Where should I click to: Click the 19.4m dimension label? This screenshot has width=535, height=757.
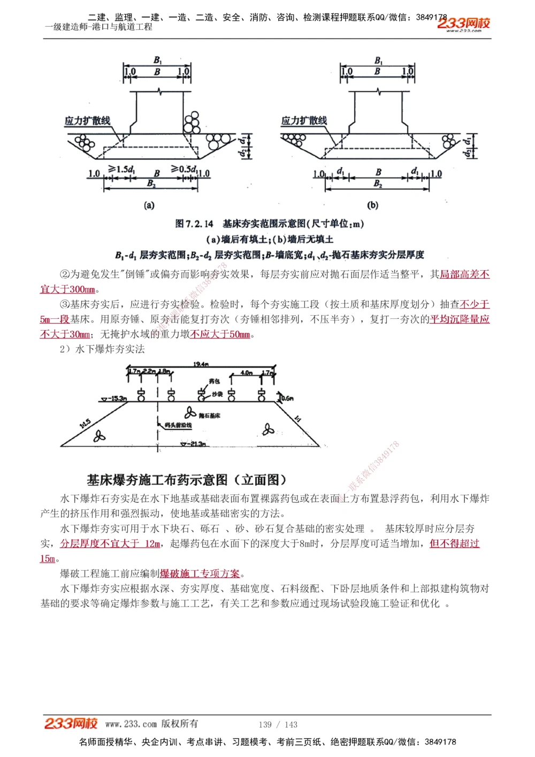coord(201,364)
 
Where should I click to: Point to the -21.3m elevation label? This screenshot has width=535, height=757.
coord(195,444)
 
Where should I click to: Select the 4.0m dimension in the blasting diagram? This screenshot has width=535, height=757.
coord(246,372)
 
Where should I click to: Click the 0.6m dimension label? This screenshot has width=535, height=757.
coord(287,398)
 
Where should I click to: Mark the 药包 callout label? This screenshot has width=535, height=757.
coord(215,381)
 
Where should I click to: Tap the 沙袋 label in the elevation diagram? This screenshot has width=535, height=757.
coord(217,394)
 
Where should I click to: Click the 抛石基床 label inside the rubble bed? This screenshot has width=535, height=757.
coord(209,415)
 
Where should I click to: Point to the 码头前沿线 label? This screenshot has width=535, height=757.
coord(178,425)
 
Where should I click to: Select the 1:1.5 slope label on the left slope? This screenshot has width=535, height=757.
coord(85,423)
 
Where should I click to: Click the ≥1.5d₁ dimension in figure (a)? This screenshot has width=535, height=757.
coord(122,170)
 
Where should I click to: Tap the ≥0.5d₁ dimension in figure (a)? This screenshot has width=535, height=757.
coord(184,170)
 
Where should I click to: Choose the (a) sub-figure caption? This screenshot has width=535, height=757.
coord(149,205)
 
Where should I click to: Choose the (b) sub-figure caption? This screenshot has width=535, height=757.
coord(372,205)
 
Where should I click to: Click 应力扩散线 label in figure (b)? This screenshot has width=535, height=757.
coord(304,120)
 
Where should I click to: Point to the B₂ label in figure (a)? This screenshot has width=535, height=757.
coord(152,183)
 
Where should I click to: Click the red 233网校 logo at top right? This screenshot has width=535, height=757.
coord(463,24)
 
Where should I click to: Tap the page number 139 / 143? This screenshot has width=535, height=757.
coord(278,724)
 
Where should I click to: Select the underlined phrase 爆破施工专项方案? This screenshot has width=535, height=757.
coord(200,574)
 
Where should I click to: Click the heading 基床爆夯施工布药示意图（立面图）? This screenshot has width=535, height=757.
coord(187,479)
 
